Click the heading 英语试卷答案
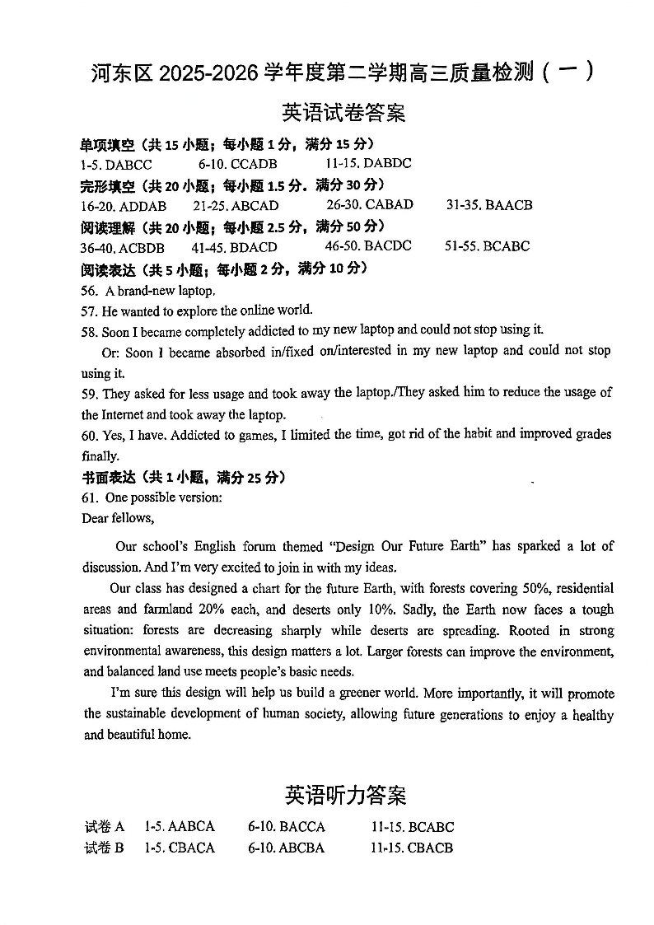click(x=343, y=112)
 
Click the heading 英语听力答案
click(x=345, y=795)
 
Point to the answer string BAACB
click(x=509, y=205)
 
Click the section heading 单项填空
click(x=107, y=145)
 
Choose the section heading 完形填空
click(x=107, y=185)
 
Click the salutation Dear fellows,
click(x=118, y=518)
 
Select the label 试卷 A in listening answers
click(x=104, y=827)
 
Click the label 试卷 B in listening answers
click(x=104, y=848)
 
